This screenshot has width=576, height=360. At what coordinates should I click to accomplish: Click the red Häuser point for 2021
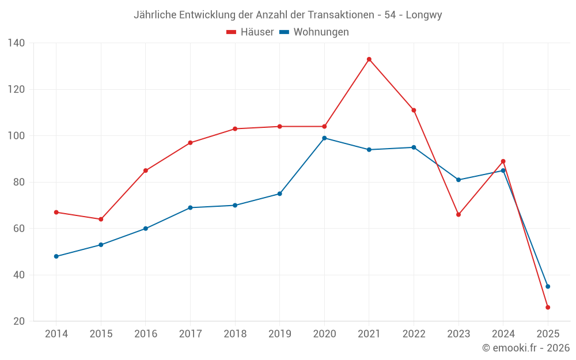click(369, 59)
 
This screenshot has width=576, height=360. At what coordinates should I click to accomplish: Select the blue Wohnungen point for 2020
click(324, 138)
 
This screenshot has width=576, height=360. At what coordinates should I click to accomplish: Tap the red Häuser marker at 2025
click(548, 308)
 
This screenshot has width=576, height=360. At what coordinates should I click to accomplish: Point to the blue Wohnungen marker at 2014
click(56, 256)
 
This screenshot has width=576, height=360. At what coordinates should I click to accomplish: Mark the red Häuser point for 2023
click(458, 215)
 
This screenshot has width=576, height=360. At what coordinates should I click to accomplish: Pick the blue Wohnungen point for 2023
click(458, 180)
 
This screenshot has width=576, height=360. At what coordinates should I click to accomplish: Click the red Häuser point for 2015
click(101, 219)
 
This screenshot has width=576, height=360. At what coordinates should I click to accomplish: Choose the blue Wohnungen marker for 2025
click(548, 286)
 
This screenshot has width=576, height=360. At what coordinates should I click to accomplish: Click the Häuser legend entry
click(250, 32)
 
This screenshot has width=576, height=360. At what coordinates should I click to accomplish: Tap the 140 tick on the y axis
click(17, 43)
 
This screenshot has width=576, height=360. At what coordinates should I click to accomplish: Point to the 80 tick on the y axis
click(19, 182)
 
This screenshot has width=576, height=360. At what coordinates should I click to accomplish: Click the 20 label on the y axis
click(19, 321)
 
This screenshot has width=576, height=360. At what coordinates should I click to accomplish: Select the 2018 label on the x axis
click(235, 334)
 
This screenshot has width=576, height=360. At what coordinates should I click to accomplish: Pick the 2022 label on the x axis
click(414, 334)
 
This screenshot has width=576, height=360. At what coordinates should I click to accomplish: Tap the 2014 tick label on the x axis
click(56, 334)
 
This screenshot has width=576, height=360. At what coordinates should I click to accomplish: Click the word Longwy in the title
click(424, 15)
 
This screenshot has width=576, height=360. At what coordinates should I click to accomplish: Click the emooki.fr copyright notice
click(526, 348)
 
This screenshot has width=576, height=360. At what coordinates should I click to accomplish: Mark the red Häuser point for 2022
click(414, 110)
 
